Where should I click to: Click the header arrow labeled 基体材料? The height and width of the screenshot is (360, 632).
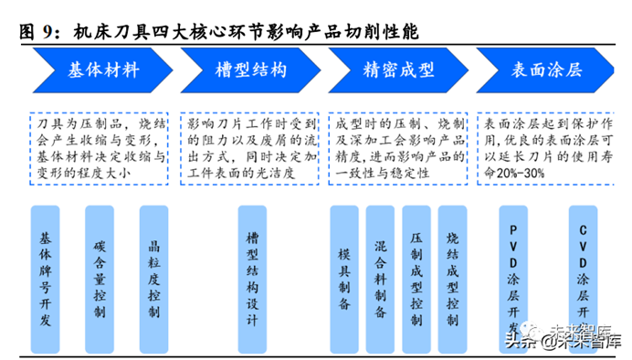pos(102,70)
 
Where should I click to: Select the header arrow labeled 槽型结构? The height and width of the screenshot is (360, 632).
pos(250,70)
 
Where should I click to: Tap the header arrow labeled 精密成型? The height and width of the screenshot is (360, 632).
pos(398,70)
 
